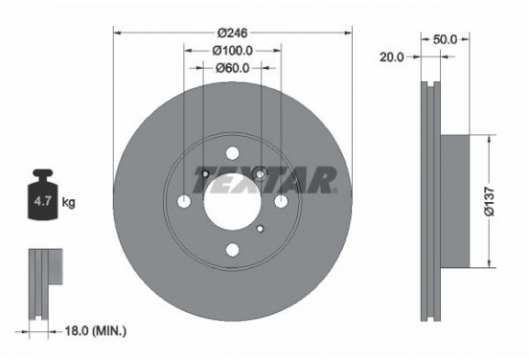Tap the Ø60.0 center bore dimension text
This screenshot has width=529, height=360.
coord(233,68)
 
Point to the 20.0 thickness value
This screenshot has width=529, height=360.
coord(390,57)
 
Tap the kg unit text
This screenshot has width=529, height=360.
coord(69,203)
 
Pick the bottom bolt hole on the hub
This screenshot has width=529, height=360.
coord(233,250)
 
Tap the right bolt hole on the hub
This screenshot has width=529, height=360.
coord(281,202)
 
